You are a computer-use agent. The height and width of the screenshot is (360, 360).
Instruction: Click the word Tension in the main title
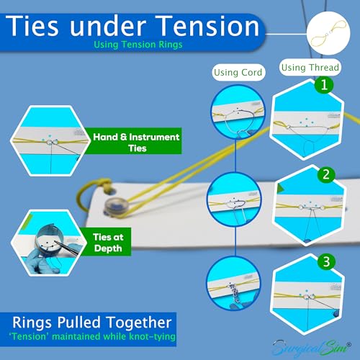(x=209, y=26)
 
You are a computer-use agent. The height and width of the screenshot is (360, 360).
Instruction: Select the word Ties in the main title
(x=32, y=26)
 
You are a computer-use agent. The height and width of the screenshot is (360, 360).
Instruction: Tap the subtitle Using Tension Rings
(x=138, y=45)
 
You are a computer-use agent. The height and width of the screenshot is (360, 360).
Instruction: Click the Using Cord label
(x=238, y=73)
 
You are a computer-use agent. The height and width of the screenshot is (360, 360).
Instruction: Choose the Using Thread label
(x=310, y=68)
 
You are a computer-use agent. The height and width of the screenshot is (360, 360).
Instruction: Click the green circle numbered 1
(x=324, y=85)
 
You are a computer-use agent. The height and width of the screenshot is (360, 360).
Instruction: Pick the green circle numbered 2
(x=326, y=175)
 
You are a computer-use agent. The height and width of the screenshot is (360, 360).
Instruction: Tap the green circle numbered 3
(x=326, y=261)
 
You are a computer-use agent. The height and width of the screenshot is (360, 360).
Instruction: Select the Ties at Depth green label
(x=108, y=242)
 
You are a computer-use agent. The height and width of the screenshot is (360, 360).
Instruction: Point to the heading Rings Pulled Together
(x=92, y=323)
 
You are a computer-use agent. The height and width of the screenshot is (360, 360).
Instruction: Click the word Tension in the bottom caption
(x=29, y=336)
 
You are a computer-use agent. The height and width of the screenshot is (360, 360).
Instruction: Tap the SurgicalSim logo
(x=312, y=348)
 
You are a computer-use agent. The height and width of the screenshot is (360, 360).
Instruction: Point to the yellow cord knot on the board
(x=105, y=184)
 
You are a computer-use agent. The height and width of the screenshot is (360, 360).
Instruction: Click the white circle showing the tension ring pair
(x=328, y=33)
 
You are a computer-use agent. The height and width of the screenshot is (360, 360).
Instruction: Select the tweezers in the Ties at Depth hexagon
(x=67, y=248)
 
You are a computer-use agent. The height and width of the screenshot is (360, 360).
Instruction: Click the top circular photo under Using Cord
(x=238, y=112)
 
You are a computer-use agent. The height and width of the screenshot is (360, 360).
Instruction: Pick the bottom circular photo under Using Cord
(x=233, y=283)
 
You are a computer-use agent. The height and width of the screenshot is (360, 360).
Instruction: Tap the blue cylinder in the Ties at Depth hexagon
(x=50, y=239)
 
